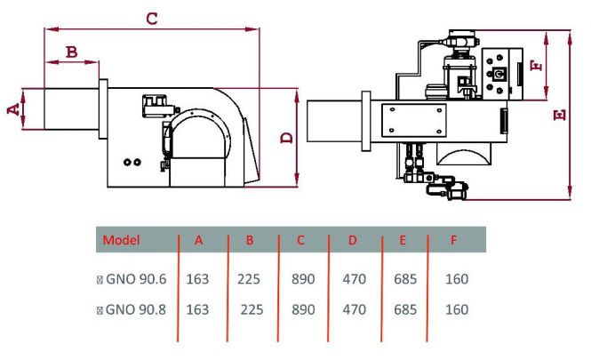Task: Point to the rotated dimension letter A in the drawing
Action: [12, 108]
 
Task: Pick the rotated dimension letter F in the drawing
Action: [533, 67]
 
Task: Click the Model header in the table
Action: [122, 240]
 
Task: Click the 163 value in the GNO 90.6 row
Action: [197, 278]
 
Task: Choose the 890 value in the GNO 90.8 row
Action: [303, 310]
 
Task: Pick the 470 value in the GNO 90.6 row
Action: [355, 278]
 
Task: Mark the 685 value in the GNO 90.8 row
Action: [406, 310]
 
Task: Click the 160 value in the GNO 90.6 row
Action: [456, 278]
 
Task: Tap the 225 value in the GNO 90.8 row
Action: [252, 310]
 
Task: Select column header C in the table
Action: [301, 240]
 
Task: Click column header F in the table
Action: [454, 240]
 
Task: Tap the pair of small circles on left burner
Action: [132, 162]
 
